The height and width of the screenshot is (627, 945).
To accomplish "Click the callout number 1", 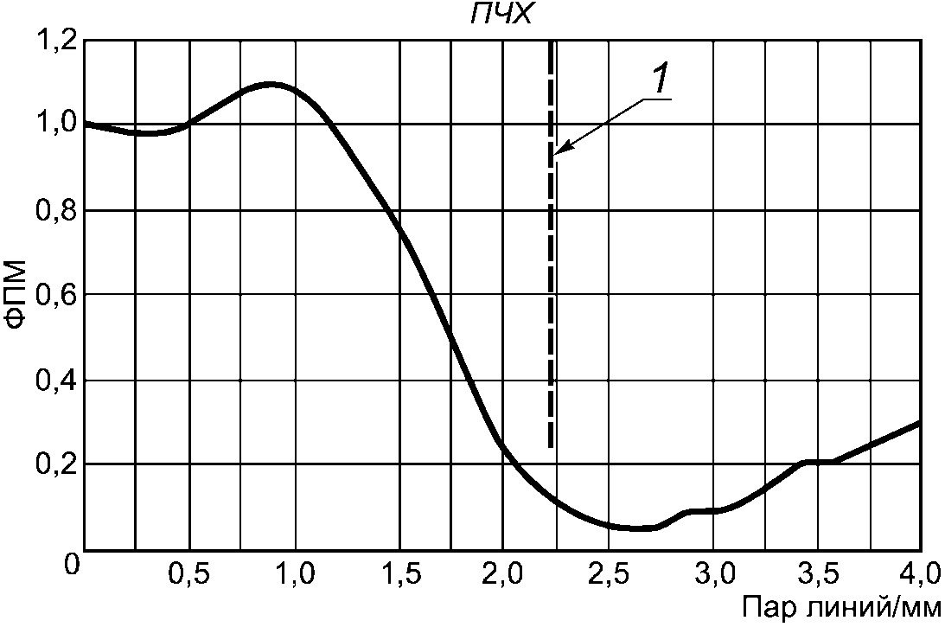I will click(658, 80).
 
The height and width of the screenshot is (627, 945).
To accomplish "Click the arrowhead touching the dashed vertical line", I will click(559, 153).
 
